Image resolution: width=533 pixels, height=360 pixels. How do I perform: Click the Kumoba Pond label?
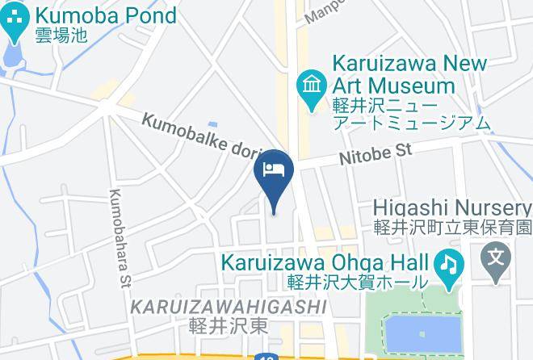tap(106, 15)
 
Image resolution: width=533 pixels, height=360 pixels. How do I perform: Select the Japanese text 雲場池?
tap(59, 36)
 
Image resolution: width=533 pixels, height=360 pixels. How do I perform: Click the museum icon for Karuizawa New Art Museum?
tap(309, 82)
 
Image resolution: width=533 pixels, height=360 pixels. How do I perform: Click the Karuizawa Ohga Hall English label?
tap(325, 263)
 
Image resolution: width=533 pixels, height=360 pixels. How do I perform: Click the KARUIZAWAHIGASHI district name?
tap(229, 307)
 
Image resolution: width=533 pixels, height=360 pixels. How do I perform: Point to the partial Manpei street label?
tap(323, 11)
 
